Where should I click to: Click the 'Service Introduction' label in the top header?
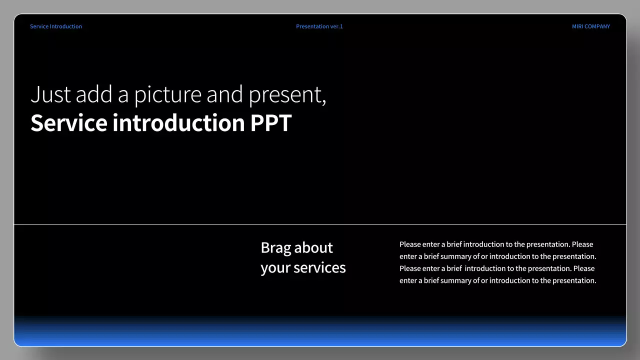pyautogui.click(x=55, y=26)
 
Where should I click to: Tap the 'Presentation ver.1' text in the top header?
pyautogui.click(x=319, y=26)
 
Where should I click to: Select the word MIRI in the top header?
pyautogui.click(x=577, y=26)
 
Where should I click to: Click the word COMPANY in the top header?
pyautogui.click(x=597, y=26)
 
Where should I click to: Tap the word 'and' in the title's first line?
pyautogui.click(x=224, y=94)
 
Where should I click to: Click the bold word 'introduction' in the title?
pyautogui.click(x=178, y=123)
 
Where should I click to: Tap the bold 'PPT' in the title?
pyautogui.click(x=270, y=123)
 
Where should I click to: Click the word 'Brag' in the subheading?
pyautogui.click(x=275, y=248)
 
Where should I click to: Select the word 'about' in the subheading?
pyautogui.click(x=313, y=247)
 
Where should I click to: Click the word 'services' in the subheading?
pyautogui.click(x=319, y=267)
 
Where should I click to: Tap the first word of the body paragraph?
pyautogui.click(x=410, y=244)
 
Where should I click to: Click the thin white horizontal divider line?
pyautogui.click(x=150, y=225)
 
